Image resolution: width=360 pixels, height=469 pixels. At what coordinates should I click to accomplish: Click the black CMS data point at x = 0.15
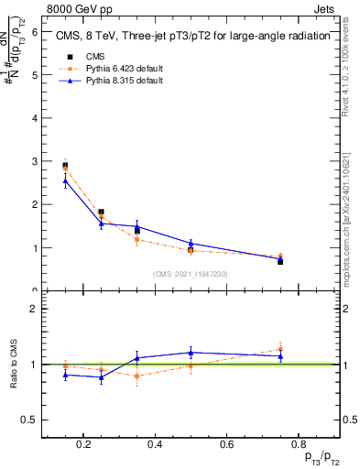pyautogui.click(x=65, y=166)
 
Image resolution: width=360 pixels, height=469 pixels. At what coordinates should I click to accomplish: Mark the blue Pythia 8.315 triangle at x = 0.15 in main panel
pyautogui.click(x=65, y=180)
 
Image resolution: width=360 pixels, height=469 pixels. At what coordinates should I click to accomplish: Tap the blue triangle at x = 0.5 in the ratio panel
pyautogui.click(x=191, y=352)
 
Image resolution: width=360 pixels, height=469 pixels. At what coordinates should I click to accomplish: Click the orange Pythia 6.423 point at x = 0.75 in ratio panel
pyautogui.click(x=280, y=348)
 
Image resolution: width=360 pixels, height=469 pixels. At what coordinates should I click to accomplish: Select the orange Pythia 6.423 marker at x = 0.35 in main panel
pyautogui.click(x=136, y=239)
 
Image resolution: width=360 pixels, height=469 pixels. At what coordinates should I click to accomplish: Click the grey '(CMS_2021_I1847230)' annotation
pyautogui.click(x=191, y=274)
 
